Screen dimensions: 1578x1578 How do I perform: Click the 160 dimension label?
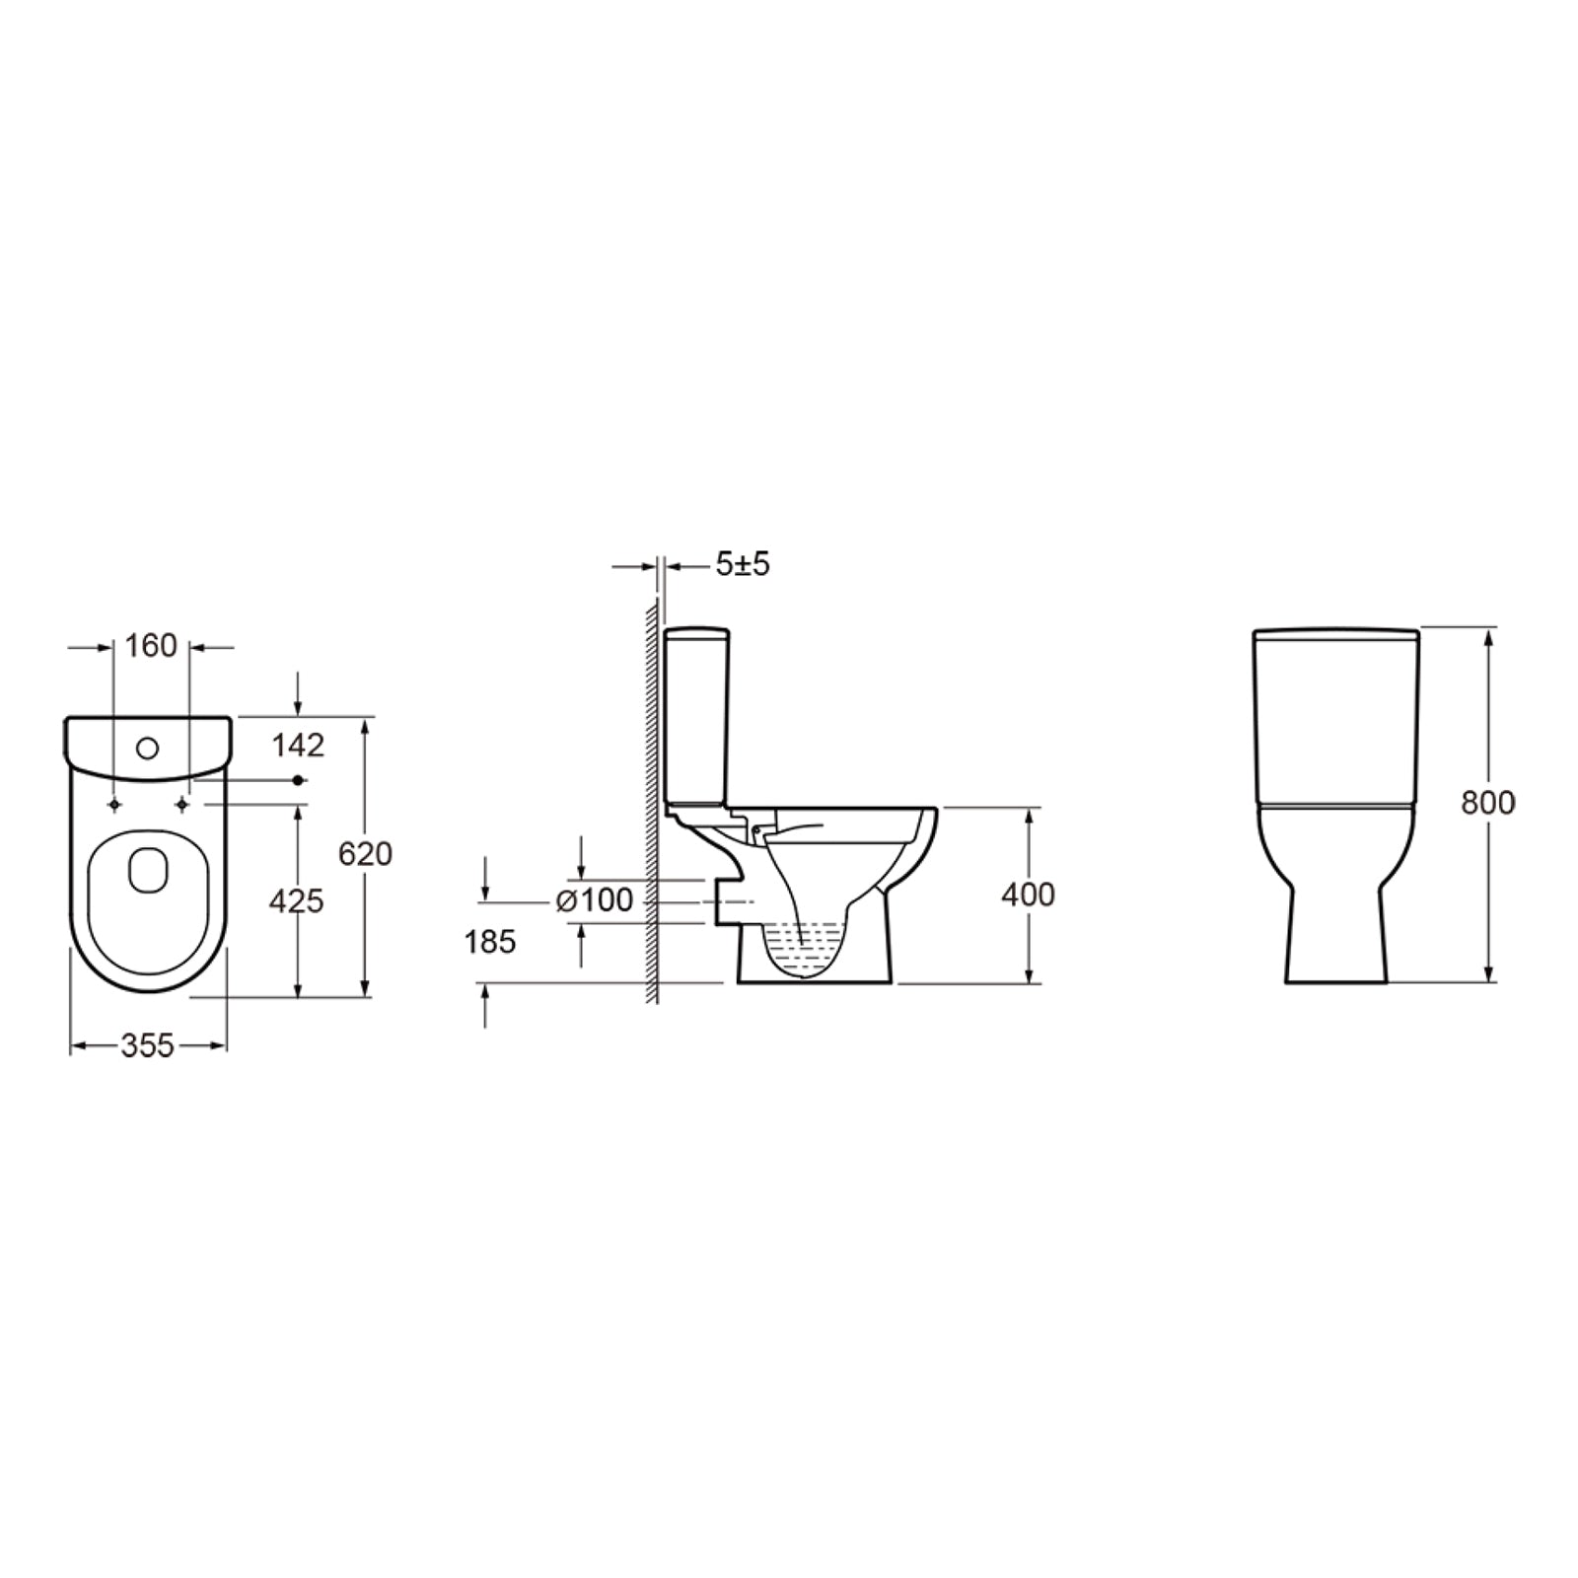[x=151, y=646]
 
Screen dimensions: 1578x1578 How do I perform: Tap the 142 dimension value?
[x=298, y=746]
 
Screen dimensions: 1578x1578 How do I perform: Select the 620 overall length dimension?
[x=365, y=854]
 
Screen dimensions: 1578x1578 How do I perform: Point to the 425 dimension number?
[x=296, y=900]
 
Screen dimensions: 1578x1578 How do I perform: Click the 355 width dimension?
[x=147, y=1045]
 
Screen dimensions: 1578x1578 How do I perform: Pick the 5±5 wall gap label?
[x=742, y=564]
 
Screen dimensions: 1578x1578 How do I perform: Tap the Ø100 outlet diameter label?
[x=595, y=900]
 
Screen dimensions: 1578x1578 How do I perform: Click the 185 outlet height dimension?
[x=490, y=942]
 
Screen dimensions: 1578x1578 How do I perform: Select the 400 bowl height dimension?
[x=1028, y=895]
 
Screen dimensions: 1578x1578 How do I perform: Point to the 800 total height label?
[x=1487, y=804]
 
